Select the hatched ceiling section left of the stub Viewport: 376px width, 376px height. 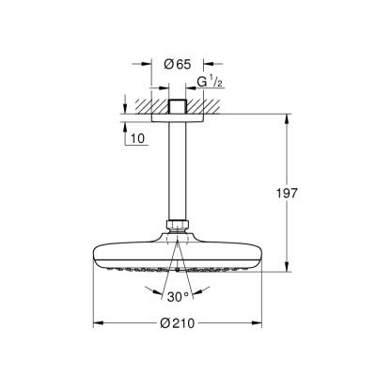point(147,104)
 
